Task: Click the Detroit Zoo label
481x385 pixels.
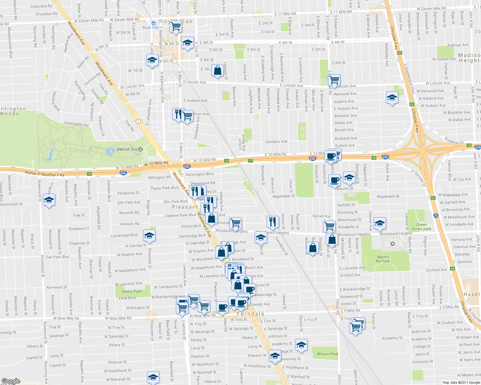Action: tap(127, 149)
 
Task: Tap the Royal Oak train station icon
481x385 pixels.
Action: tap(153, 23)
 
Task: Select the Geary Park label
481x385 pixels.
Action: tap(132, 291)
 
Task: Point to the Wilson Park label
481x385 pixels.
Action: tap(327, 354)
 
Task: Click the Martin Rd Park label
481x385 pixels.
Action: tap(383, 259)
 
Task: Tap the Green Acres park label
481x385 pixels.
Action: tap(422, 227)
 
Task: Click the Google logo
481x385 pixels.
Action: tap(11, 381)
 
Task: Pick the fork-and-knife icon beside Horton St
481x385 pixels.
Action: tap(272, 221)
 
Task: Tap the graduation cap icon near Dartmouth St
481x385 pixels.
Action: tap(49, 200)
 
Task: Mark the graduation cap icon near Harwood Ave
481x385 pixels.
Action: tap(392, 98)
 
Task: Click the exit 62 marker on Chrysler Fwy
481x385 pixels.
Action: tap(399, 53)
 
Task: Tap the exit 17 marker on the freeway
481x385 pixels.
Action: tap(250, 160)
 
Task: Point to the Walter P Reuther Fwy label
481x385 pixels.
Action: tap(45, 174)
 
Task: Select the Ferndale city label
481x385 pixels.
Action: tap(250, 314)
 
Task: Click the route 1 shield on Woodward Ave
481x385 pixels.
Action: tap(138, 121)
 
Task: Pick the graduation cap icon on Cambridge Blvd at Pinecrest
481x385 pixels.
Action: tap(149, 235)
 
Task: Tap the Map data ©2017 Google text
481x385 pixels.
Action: tap(461, 382)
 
